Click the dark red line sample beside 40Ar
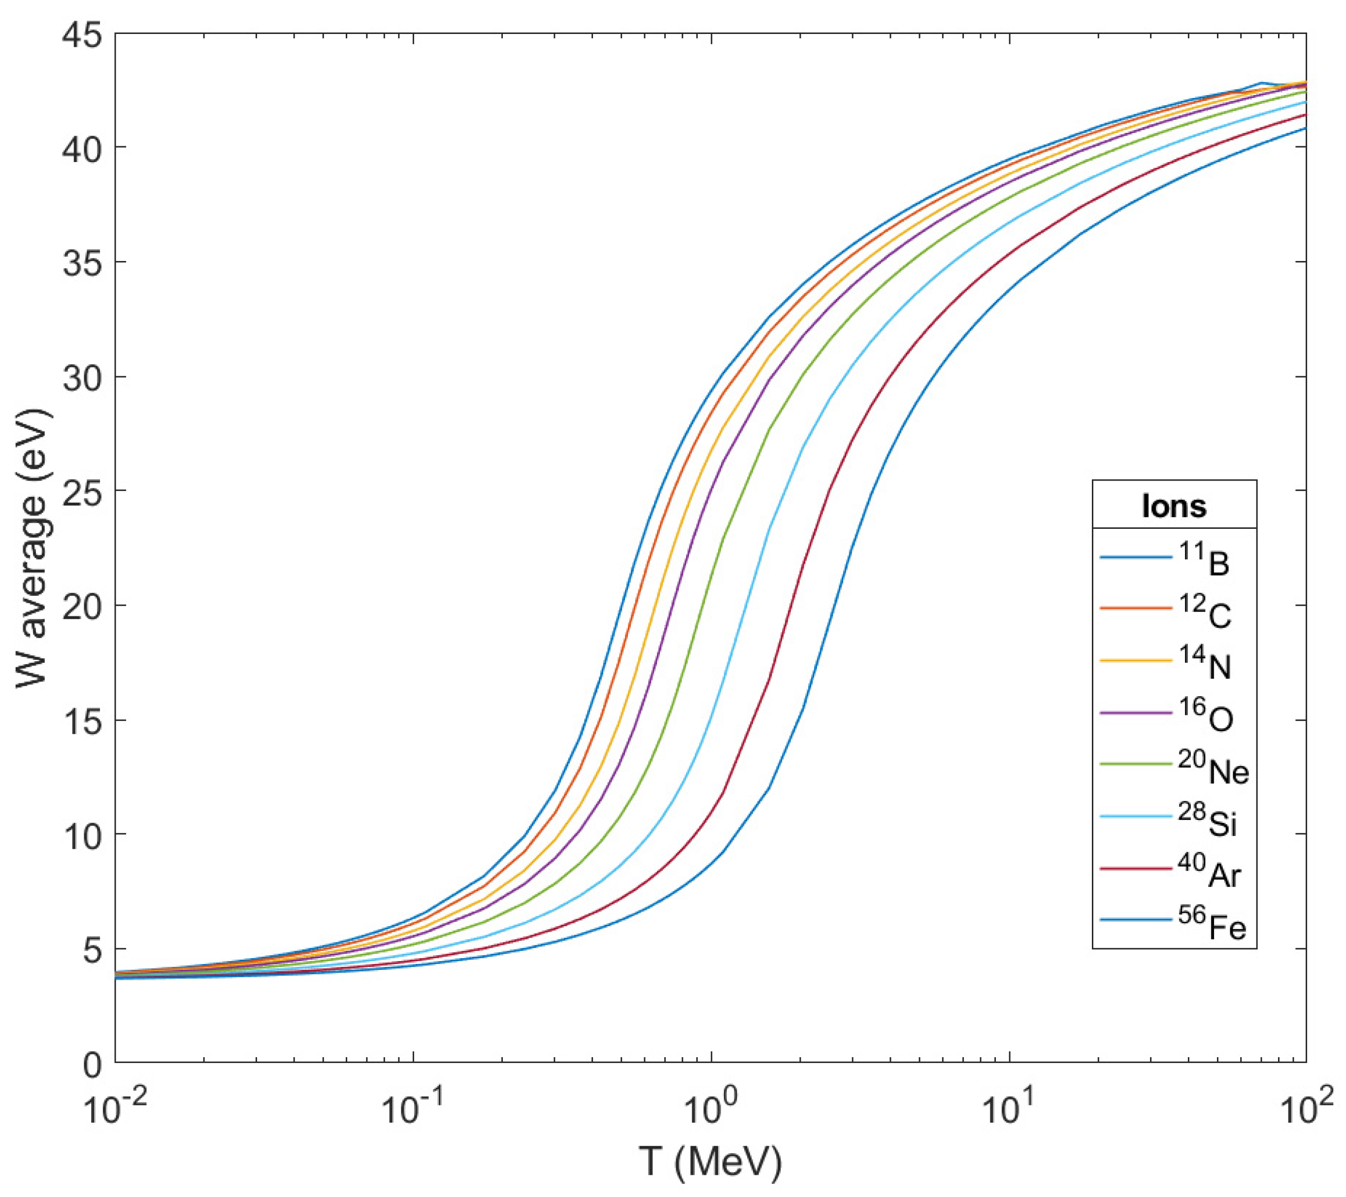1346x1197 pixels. pyautogui.click(x=1135, y=869)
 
